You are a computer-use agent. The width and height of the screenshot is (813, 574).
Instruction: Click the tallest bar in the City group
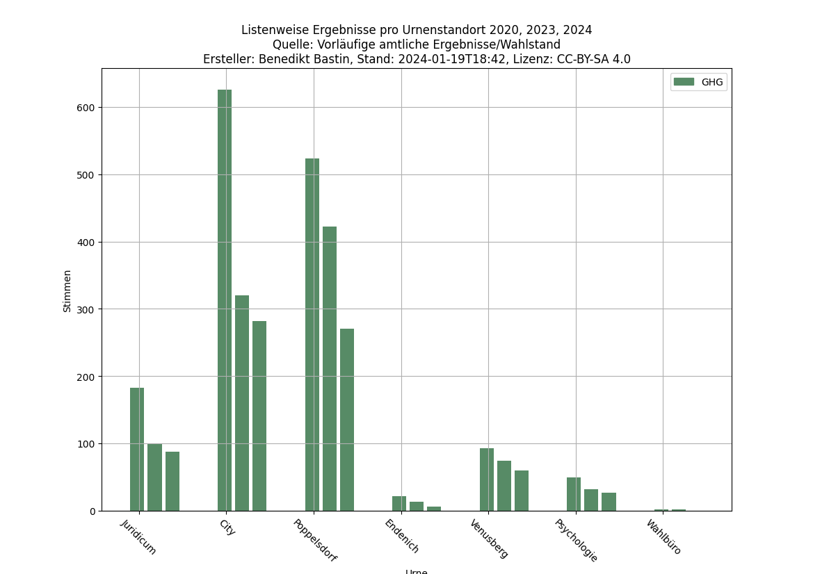(x=225, y=299)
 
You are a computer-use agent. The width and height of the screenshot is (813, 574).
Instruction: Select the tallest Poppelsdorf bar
(x=312, y=334)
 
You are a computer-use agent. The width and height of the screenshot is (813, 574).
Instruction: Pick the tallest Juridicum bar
(x=137, y=449)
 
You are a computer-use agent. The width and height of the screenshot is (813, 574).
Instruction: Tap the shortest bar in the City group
(x=259, y=416)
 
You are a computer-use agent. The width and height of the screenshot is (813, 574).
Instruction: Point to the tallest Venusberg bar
(x=487, y=479)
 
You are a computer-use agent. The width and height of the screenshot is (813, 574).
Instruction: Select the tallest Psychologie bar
(x=574, y=494)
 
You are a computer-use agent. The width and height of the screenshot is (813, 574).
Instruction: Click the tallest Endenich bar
(x=399, y=503)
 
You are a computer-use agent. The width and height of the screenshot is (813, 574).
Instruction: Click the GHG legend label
(x=712, y=82)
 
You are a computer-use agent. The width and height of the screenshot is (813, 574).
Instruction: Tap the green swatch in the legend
(x=684, y=82)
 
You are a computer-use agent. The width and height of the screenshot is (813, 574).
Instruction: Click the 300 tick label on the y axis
(x=87, y=309)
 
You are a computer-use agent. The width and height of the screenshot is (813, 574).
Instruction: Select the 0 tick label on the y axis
(x=92, y=511)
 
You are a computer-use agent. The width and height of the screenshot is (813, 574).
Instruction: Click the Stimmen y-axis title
(x=67, y=290)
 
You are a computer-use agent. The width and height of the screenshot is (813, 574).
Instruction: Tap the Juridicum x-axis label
(x=139, y=536)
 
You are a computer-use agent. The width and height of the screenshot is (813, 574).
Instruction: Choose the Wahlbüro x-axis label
(x=663, y=536)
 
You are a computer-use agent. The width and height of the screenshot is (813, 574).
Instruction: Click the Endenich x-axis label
(x=402, y=536)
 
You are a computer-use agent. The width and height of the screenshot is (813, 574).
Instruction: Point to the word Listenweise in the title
(x=273, y=30)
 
